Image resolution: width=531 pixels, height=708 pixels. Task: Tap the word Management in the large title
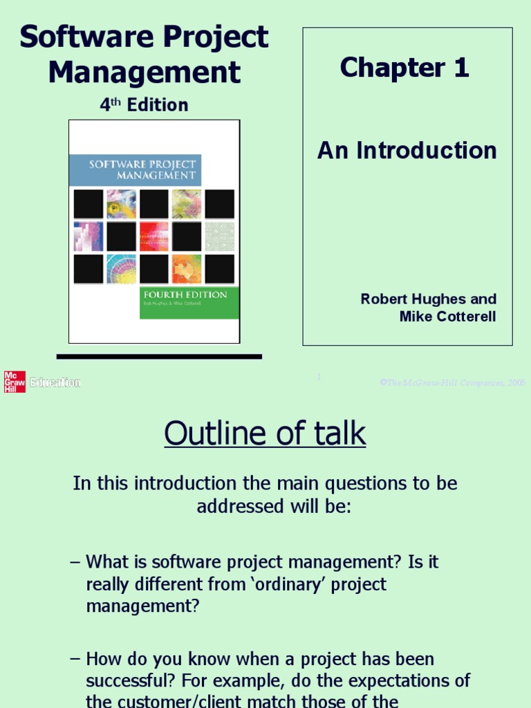145,72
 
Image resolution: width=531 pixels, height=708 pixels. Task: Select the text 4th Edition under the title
144,105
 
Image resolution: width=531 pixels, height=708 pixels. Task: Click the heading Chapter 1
404,68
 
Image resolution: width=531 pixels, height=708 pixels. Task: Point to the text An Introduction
407,150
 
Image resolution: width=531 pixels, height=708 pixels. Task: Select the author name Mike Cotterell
447,317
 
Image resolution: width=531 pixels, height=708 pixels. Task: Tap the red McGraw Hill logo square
15,382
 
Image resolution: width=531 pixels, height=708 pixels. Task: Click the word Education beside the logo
55,382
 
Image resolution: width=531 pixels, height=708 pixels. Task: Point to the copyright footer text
452,382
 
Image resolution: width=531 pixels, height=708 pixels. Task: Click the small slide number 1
319,378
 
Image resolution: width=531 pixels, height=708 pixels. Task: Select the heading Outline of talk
265,434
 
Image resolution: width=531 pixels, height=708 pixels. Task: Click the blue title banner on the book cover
135,169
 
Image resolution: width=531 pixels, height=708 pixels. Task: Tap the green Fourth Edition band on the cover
189,303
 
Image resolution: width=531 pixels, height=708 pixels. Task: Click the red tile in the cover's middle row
153,236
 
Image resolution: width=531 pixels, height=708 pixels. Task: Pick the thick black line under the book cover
159,357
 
